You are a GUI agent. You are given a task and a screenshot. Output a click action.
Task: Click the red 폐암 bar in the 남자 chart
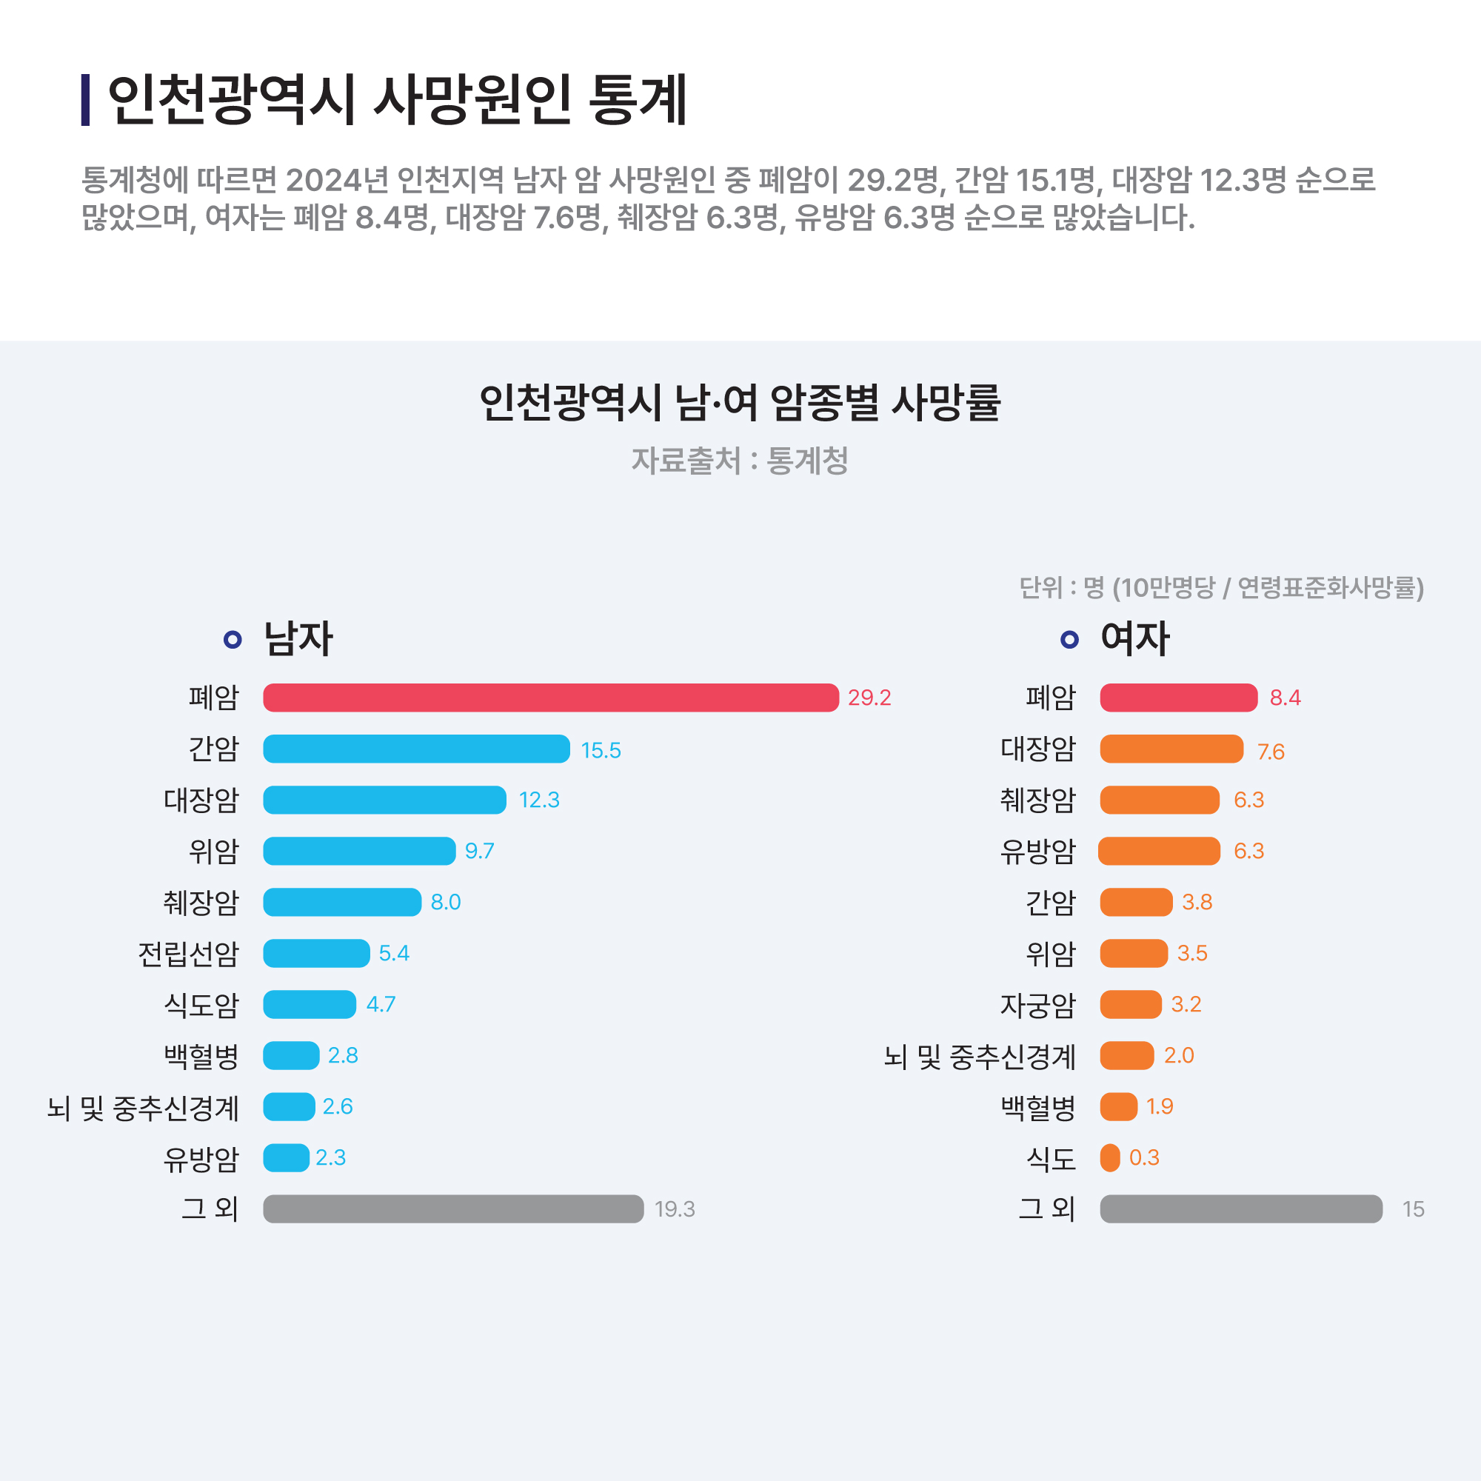tap(550, 698)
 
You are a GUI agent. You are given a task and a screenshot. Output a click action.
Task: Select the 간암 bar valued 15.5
tap(416, 749)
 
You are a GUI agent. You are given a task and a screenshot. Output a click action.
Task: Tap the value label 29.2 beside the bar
tap(869, 698)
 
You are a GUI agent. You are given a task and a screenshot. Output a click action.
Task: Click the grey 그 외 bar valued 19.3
tap(453, 1209)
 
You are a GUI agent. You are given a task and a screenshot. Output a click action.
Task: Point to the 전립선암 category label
tap(189, 954)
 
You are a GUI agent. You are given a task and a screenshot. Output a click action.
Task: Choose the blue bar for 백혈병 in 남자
tap(291, 1055)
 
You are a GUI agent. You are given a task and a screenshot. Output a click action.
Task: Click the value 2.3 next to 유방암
tap(330, 1157)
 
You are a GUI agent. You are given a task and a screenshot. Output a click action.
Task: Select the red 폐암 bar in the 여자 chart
tap(1178, 698)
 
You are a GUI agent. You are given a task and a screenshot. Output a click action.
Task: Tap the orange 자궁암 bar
tap(1131, 1004)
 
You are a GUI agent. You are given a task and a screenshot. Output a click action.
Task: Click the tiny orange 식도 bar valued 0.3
tap(1110, 1157)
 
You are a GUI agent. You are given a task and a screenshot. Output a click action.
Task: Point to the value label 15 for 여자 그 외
tap(1413, 1209)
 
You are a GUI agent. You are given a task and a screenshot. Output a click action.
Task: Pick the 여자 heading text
tap(1134, 638)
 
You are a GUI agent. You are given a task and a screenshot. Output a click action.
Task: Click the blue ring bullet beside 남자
tap(233, 639)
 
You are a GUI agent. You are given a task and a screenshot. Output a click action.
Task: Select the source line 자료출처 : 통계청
tap(740, 461)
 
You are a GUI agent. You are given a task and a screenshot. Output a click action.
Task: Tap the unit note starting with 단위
tap(1221, 588)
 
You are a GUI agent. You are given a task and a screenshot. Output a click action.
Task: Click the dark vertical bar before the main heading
tap(86, 100)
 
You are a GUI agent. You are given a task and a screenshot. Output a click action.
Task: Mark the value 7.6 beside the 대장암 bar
tap(1270, 751)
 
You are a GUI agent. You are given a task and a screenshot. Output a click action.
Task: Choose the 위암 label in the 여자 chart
tap(1050, 954)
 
